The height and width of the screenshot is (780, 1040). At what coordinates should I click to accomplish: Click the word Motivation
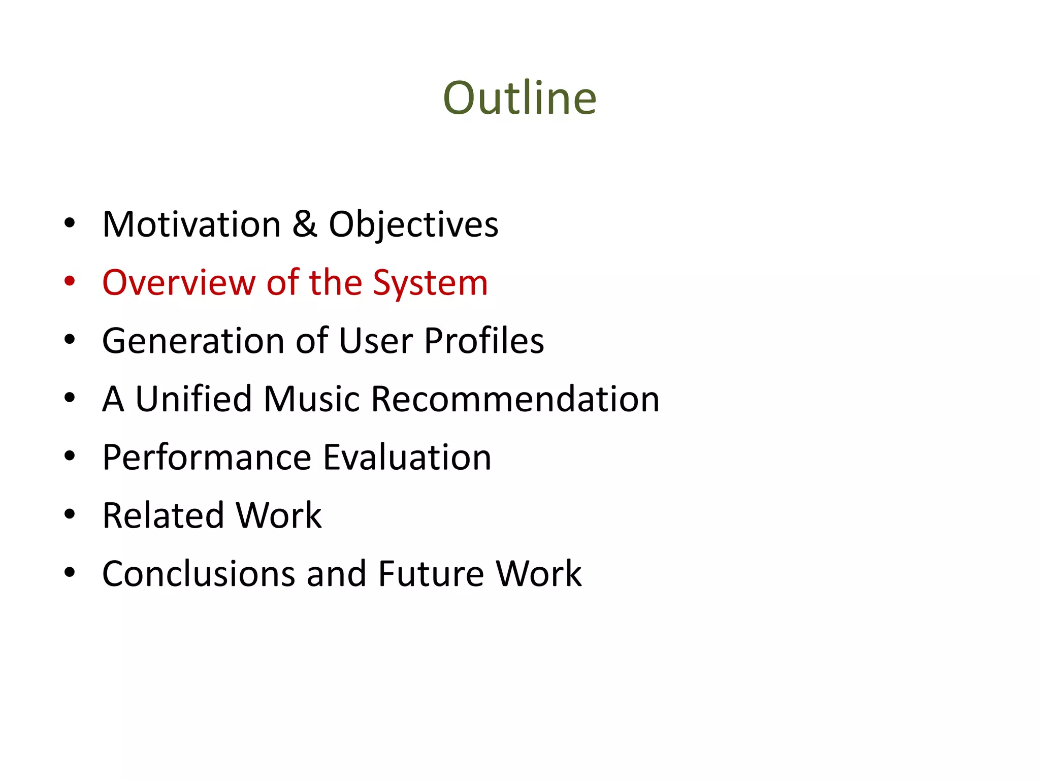coord(191,224)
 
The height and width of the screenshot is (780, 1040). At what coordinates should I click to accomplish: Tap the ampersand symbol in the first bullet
coord(305,224)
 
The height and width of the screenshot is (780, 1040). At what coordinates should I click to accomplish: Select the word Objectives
coord(413,225)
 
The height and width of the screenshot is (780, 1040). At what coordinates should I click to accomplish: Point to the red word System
coord(430,283)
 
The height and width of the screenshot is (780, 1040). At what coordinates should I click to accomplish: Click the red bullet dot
coord(70,281)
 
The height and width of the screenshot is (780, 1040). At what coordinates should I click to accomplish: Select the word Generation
coord(193,341)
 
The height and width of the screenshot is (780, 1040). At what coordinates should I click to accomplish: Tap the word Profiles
coord(484,340)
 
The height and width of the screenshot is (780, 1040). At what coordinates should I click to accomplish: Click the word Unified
coord(193,399)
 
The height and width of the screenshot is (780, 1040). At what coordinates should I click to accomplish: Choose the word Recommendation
coord(515,399)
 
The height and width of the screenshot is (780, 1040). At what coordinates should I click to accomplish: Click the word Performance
coord(207,457)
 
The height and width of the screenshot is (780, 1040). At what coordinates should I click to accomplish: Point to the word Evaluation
coord(407,457)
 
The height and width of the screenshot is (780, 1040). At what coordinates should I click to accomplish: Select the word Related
coord(163,515)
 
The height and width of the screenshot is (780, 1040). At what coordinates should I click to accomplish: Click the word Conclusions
coord(199,574)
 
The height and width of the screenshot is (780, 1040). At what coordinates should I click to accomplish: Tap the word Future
coord(431,574)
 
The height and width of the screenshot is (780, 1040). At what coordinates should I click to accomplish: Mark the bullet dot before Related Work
coord(70,514)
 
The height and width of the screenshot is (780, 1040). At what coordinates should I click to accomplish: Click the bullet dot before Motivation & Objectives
coord(70,222)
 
